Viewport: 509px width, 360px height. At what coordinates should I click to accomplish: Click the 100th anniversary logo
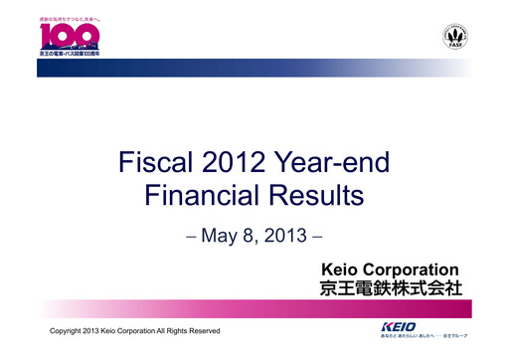coord(70,38)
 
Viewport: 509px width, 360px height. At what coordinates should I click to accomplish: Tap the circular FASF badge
coord(457,39)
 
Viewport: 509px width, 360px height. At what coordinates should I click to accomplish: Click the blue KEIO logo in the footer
coord(403,326)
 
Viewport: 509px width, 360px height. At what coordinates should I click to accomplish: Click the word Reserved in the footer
coord(202,330)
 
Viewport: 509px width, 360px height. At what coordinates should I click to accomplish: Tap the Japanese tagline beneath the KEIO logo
coord(424,336)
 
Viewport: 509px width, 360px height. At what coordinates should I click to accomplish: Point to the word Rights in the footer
coord(171,330)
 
